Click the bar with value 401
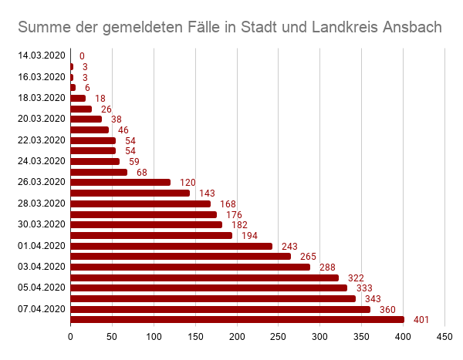pos(237,319)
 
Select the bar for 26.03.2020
pos(120,183)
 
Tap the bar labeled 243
pos(171,246)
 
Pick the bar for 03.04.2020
pos(190,267)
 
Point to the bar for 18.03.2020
pos(78,99)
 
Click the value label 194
pos(249,236)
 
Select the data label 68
pos(142,173)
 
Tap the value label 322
pos(356,278)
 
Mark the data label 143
pos(207,193)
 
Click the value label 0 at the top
pos(82,56)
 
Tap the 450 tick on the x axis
pos(444,337)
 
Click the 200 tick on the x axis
pos(236,337)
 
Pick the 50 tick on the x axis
pos(112,337)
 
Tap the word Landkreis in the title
pos(339,28)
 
